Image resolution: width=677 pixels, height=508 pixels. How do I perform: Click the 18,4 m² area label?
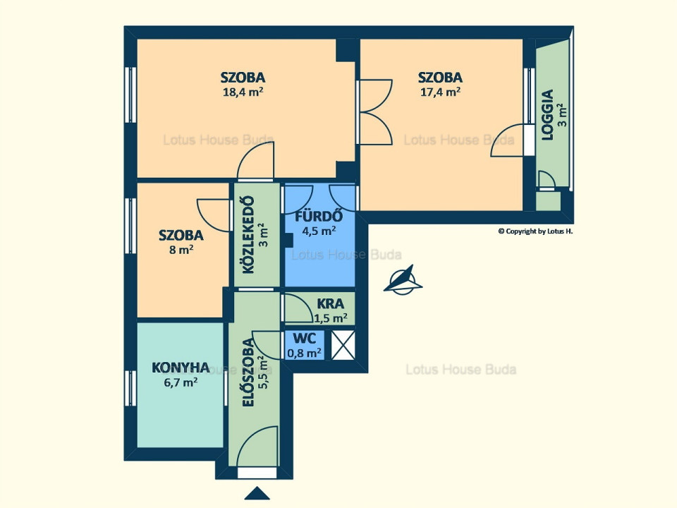[243, 92]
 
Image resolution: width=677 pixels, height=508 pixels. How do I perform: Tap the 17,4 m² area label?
[440, 92]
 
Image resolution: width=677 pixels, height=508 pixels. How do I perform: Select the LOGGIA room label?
[547, 114]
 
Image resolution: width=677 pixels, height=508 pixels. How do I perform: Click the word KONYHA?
[181, 368]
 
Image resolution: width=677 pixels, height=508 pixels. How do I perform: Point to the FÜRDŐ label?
[319, 215]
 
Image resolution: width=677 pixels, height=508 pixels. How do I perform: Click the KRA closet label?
[330, 303]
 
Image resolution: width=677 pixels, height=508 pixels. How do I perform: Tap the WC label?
[305, 338]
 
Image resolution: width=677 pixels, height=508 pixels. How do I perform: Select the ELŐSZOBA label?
[248, 373]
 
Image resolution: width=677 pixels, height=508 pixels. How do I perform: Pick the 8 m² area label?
[181, 250]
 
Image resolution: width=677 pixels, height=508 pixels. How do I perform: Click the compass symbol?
[403, 280]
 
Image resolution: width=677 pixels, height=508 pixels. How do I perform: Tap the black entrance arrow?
[257, 493]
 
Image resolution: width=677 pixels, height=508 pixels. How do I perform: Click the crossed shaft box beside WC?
[343, 345]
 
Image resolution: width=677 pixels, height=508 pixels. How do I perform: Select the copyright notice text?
[535, 231]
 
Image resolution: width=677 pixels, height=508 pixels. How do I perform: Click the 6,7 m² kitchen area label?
[181, 382]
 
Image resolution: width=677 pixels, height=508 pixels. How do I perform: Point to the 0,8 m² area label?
[305, 353]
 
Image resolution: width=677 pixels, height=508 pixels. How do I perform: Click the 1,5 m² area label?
[331, 319]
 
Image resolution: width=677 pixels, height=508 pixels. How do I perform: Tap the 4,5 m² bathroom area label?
[319, 231]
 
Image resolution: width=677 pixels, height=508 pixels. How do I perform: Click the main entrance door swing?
[257, 446]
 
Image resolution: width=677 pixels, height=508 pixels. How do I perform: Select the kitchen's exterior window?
[130, 388]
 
